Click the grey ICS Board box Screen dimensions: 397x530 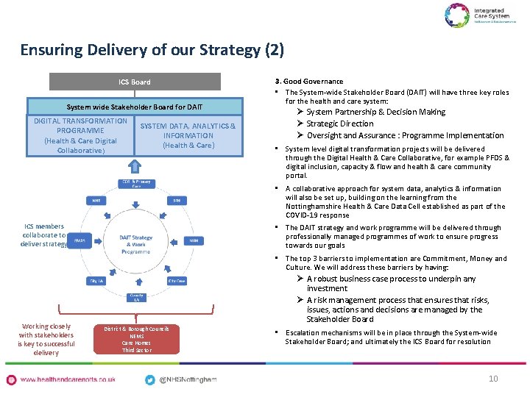point(135,82)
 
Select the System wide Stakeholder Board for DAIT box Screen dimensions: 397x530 point(135,107)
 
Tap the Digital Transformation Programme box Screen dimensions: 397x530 point(80,136)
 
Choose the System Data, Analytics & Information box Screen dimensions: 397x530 point(188,136)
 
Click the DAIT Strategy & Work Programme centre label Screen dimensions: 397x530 point(135,244)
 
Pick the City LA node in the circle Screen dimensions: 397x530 point(96,281)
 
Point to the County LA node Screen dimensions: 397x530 point(136,296)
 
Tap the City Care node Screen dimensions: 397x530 point(177,281)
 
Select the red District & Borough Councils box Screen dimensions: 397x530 point(136,339)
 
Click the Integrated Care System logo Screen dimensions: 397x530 point(476,15)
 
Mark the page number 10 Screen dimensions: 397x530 point(493,378)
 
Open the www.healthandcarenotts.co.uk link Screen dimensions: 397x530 point(68,379)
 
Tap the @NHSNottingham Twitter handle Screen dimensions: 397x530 point(188,379)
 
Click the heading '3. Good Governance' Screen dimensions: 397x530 point(309,82)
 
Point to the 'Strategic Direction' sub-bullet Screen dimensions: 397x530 point(340,124)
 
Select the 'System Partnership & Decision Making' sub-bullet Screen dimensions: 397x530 point(375,112)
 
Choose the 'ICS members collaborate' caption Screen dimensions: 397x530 point(43,235)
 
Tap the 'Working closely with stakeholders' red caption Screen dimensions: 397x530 point(46,340)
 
